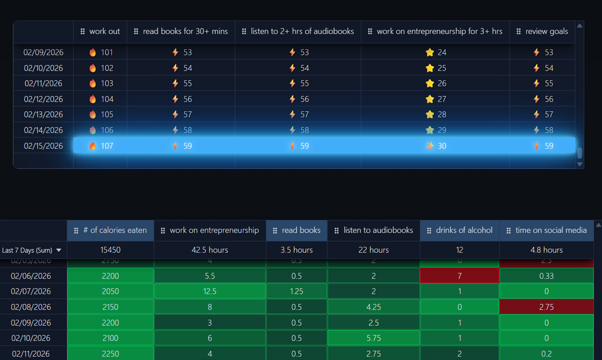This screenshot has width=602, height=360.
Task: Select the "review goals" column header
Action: pos(547,31)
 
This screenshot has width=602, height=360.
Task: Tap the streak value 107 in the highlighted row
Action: pos(107,146)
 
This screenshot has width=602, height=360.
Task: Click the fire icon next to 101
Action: pos(93,53)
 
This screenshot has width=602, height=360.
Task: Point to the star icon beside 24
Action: pos(430,53)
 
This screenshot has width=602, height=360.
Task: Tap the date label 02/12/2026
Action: pos(43,99)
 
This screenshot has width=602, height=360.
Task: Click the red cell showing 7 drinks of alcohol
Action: pos(459,276)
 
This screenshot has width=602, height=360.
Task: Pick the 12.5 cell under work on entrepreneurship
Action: pos(210,291)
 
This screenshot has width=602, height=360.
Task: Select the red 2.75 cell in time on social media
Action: pos(546,307)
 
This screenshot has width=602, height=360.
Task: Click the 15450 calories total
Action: pos(110,250)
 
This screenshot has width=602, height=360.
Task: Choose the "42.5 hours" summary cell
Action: pos(210,250)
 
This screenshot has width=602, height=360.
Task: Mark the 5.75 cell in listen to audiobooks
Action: pos(374,338)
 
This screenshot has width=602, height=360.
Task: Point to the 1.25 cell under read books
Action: pos(296,291)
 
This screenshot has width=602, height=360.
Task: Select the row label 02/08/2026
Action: pos(31,307)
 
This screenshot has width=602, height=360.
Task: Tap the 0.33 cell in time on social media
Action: pos(546,276)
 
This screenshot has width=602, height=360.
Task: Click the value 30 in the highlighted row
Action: pos(442,146)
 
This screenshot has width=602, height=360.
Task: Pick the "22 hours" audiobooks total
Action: pos(374,250)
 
